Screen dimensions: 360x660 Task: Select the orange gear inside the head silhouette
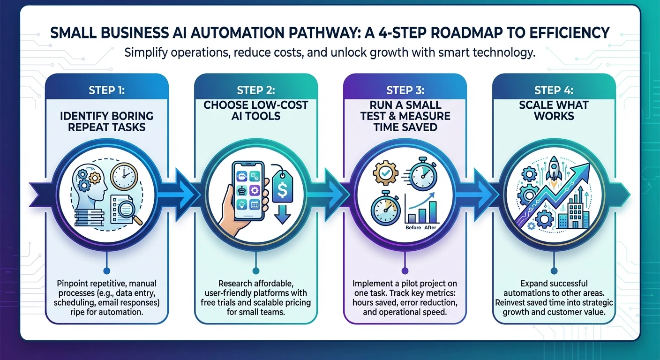(95, 177)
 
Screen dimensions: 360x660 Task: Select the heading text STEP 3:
(405, 90)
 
